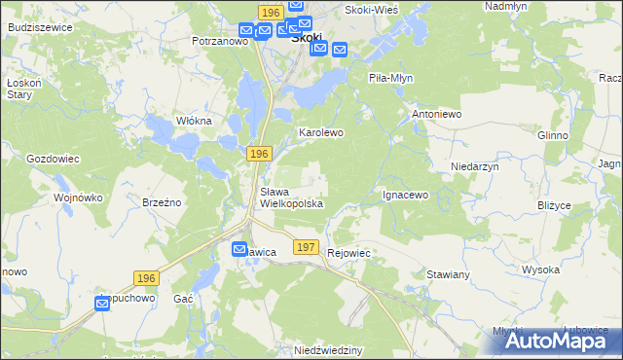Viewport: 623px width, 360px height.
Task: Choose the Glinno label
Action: pyautogui.click(x=552, y=135)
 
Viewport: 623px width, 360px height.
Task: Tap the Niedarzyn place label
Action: pyautogui.click(x=475, y=166)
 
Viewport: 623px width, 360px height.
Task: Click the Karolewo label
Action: pyautogui.click(x=321, y=131)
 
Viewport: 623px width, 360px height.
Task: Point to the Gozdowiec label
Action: pyautogui.click(x=53, y=158)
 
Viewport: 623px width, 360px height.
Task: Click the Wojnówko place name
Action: pyautogui.click(x=79, y=198)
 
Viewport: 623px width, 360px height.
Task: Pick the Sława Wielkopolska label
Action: pyautogui.click(x=291, y=198)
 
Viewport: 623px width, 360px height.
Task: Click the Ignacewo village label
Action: pyautogui.click(x=405, y=195)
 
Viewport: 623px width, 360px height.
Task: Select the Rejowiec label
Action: pyautogui.click(x=351, y=252)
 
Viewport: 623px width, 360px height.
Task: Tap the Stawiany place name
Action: pyautogui.click(x=449, y=275)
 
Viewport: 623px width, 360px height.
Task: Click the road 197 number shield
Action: pyautogui.click(x=306, y=248)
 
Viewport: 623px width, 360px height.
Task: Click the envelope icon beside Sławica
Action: pyautogui.click(x=239, y=250)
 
